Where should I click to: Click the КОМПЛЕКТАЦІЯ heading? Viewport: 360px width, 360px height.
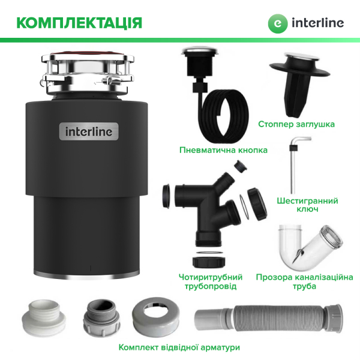point(79,23)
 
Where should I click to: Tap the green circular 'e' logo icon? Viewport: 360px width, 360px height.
point(278,23)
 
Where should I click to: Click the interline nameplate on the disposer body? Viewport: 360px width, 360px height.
point(89,131)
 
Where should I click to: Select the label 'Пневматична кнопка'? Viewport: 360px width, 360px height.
point(223,150)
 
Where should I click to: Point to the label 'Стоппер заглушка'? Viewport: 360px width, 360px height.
point(296,124)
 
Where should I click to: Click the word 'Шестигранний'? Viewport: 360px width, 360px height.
point(307,201)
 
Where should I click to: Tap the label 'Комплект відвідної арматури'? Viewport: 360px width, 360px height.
point(179,347)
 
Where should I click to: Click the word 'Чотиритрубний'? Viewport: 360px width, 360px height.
point(211,277)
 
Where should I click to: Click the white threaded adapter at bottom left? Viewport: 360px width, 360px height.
point(44,318)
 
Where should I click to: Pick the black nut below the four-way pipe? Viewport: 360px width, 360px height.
point(209,262)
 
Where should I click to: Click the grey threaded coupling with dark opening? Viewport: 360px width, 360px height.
point(101,318)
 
